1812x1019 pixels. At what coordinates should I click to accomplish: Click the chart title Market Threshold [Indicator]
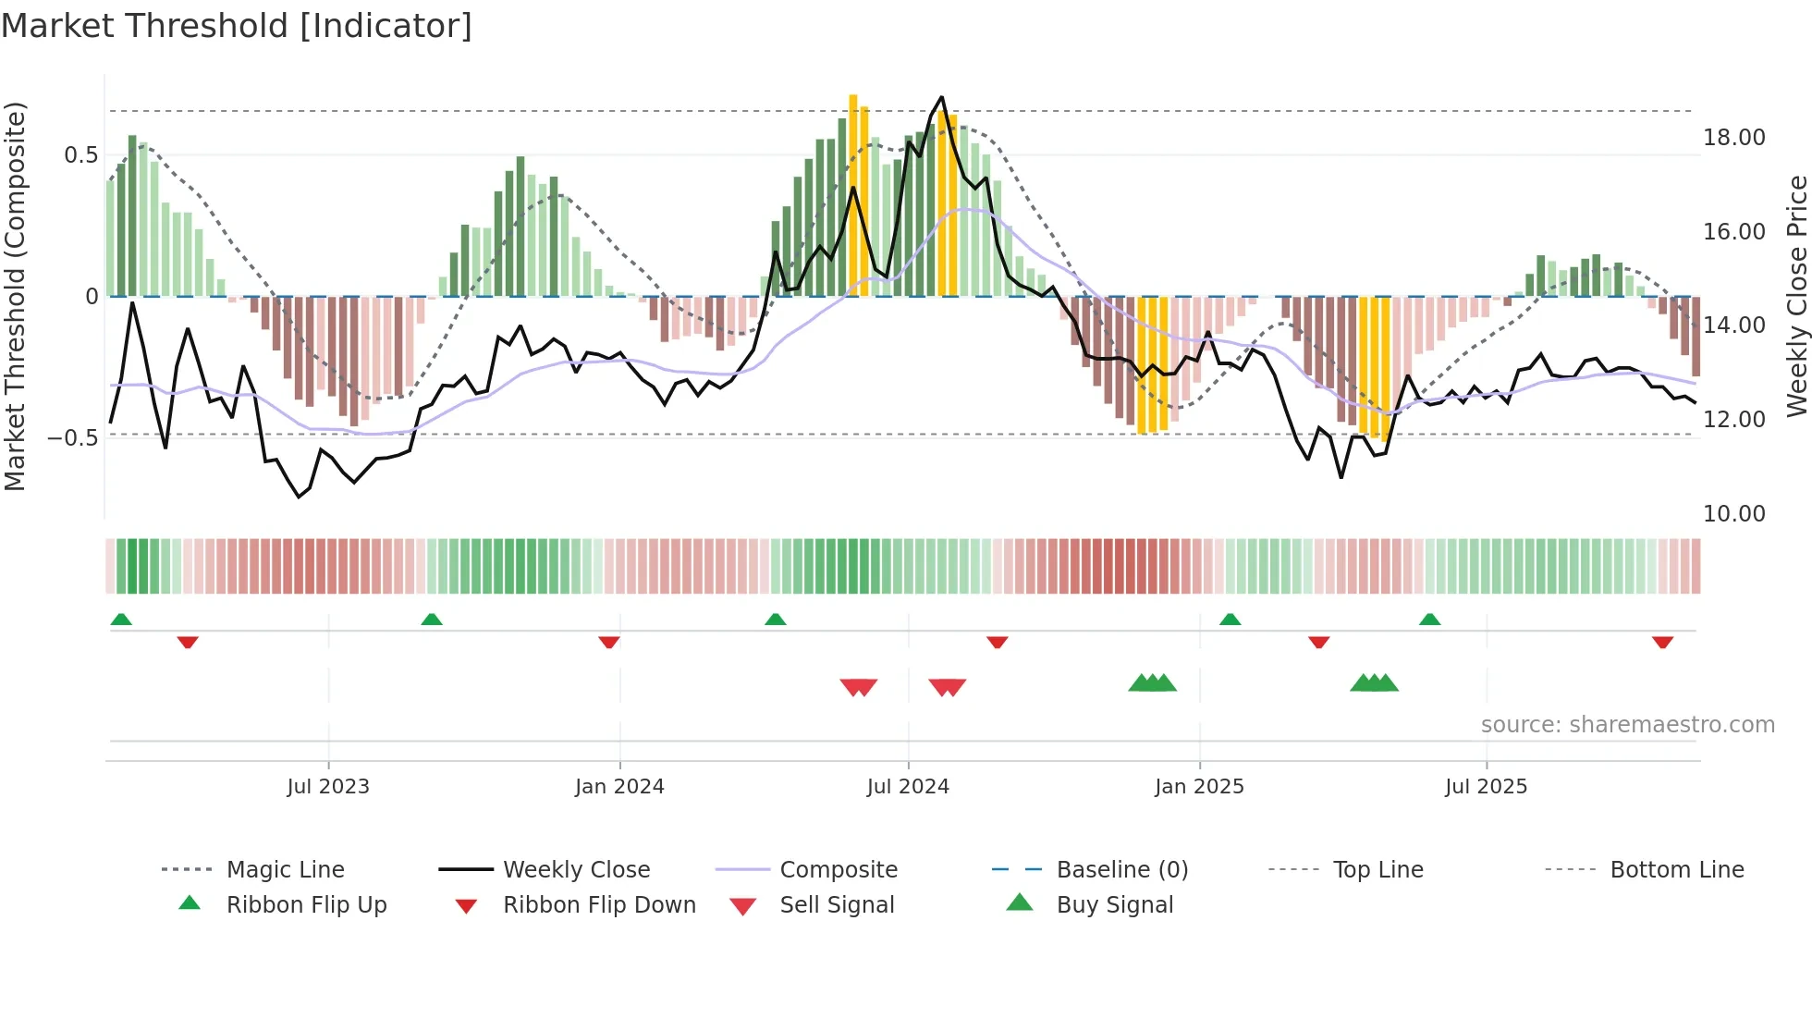coord(237,26)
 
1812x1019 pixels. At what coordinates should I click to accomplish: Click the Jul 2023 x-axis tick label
coord(327,787)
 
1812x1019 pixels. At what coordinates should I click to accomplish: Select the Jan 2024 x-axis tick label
coord(619,787)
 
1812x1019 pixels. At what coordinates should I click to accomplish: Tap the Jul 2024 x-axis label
coord(908,787)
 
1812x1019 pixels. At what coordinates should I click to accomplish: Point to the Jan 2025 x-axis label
coord(1199,787)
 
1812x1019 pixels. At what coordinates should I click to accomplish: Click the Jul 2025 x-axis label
coord(1486,787)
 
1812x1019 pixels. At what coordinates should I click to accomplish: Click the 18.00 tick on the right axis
coord(1733,138)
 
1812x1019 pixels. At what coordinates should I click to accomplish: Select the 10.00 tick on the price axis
coord(1733,514)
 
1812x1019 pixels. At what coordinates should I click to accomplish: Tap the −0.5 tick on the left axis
coord(72,437)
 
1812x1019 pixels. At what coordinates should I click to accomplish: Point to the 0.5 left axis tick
coord(80,155)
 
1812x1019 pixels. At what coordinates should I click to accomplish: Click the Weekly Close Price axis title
coord(1796,296)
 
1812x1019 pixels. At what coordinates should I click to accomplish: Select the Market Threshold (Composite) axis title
coord(15,296)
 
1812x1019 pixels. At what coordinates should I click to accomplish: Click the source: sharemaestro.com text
coord(1627,725)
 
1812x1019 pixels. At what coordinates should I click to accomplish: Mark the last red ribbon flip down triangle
coord(1662,642)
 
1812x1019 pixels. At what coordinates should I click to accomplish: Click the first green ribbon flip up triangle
coord(121,620)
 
